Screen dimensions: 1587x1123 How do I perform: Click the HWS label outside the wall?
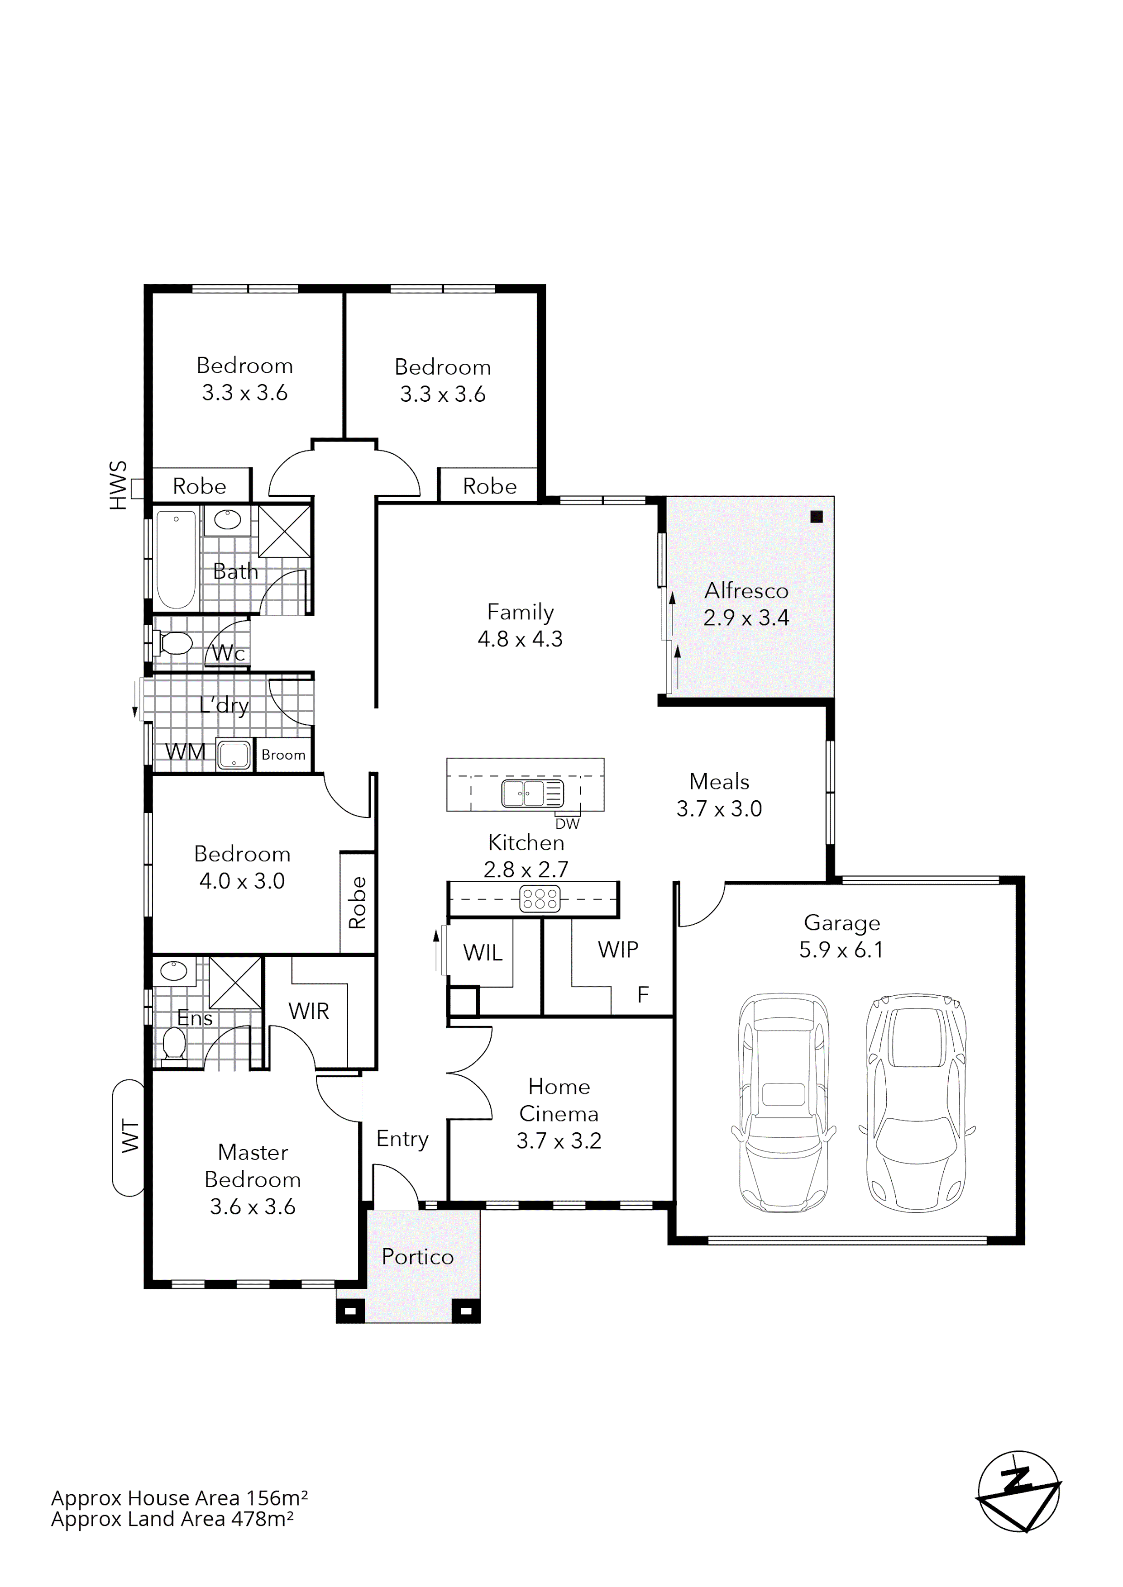(x=119, y=486)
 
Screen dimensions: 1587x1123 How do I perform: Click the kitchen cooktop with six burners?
(x=540, y=898)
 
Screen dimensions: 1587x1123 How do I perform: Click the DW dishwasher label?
(x=567, y=824)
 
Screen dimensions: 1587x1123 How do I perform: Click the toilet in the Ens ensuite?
(x=173, y=1044)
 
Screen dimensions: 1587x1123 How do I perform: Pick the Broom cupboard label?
(x=283, y=755)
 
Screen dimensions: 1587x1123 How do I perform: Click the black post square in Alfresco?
(x=817, y=516)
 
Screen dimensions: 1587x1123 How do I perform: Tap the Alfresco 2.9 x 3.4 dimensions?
(x=746, y=617)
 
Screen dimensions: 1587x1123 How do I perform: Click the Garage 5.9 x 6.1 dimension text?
(x=841, y=950)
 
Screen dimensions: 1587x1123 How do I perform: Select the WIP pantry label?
(x=617, y=950)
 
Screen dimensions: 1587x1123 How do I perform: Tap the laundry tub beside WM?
(x=234, y=755)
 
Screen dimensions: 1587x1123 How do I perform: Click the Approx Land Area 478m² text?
(x=172, y=1519)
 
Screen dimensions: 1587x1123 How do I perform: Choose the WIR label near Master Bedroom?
(x=308, y=1011)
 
